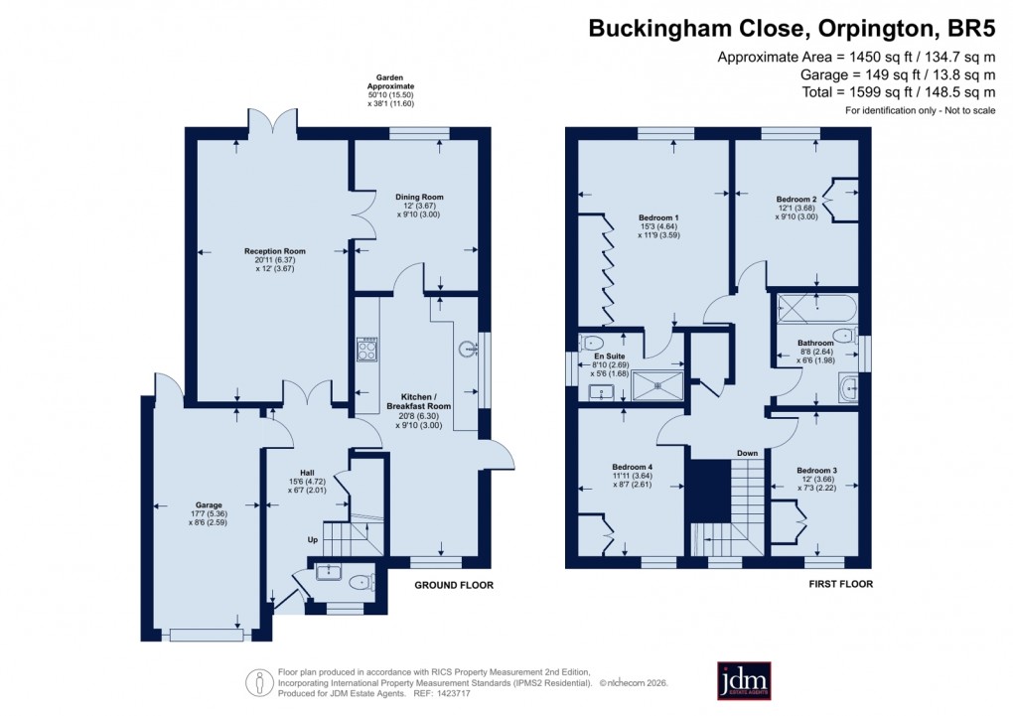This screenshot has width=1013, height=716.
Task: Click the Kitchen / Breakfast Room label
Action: [x=418, y=400]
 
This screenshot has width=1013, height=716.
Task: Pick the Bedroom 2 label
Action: [x=796, y=199]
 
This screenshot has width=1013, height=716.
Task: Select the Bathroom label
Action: [x=815, y=343]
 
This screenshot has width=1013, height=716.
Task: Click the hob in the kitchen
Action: [x=364, y=350]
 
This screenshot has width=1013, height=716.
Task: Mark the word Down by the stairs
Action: [x=747, y=453]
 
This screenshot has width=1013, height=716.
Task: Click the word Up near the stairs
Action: [x=313, y=540]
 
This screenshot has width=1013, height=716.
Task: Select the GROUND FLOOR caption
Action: [x=453, y=586]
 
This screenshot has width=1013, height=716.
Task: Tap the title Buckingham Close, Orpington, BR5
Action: [x=792, y=28]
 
